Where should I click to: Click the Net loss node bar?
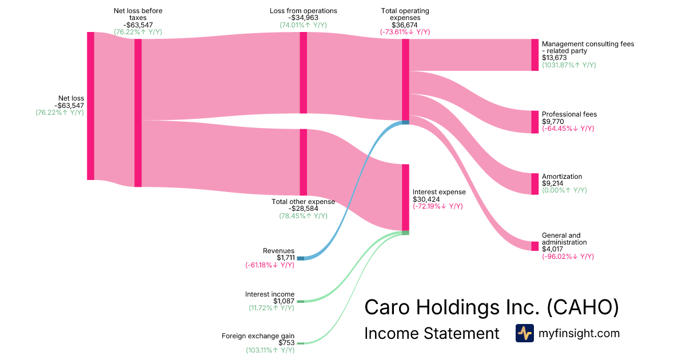pos(90,106)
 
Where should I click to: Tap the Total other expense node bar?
pos(304,162)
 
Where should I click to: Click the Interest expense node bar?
pos(405,197)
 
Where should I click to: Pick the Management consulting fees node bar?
pos(535,55)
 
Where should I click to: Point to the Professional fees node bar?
pos(535,122)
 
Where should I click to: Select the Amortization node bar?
pos(535,184)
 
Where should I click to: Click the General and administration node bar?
pos(535,246)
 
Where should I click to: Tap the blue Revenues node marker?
pos(301,258)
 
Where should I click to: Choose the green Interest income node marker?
pos(301,301)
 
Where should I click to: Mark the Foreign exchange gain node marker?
pos(301,343)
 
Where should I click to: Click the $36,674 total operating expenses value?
pos(405,25)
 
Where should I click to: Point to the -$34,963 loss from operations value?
pos(303,18)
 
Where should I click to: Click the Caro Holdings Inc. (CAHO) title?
pos(492,307)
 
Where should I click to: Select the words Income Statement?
pos(432,334)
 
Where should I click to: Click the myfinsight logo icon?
pos(524,333)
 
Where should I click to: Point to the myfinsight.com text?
pos(579,333)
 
